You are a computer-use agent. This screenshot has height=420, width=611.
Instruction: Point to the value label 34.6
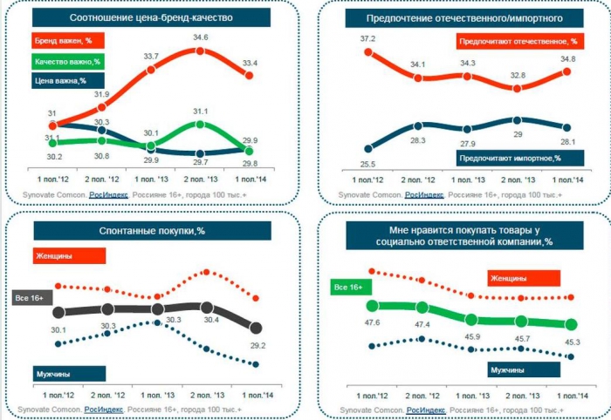(x=200, y=37)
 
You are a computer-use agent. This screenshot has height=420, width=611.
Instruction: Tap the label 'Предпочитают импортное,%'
(x=510, y=157)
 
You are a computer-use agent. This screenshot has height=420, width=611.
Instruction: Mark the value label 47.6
(x=374, y=322)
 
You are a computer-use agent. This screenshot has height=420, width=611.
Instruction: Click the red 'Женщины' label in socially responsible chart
(x=508, y=278)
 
